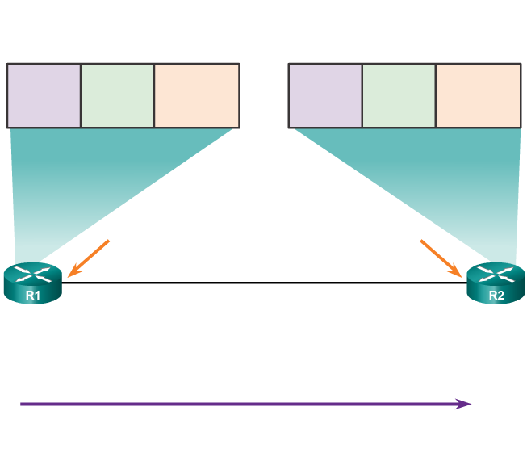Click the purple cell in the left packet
pyautogui.click(x=44, y=94)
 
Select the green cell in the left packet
pyautogui.click(x=117, y=94)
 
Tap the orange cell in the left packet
pyautogui.click(x=196, y=94)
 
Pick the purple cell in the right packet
pyautogui.click(x=324, y=94)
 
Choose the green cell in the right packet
pyautogui.click(x=399, y=94)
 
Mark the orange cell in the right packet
pyautogui.click(x=478, y=94)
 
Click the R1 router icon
pyautogui.click(x=32, y=283)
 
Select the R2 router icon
pyautogui.click(x=496, y=283)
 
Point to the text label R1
pyautogui.click(x=32, y=295)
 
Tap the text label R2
pyautogui.click(x=496, y=295)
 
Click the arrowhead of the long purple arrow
pyautogui.click(x=464, y=404)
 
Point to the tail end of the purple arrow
pyautogui.click(x=23, y=404)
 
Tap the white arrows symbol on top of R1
pyautogui.click(x=32, y=273)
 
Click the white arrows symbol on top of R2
pyautogui.click(x=496, y=273)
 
